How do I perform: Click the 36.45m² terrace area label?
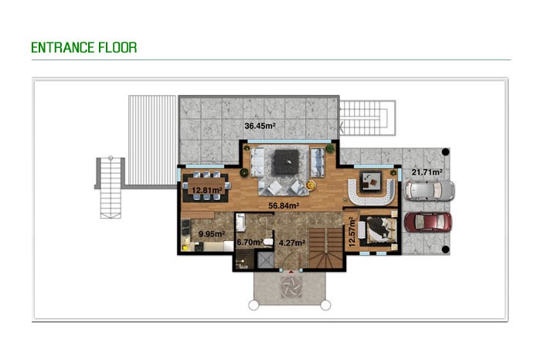(260, 126)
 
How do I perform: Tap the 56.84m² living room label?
(284, 205)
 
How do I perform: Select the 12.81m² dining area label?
(206, 190)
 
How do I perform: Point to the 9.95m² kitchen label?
(212, 234)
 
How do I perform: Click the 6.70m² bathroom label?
(250, 243)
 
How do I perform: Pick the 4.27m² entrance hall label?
(291, 243)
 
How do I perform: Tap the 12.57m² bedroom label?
(352, 232)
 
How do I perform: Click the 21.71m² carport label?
(427, 172)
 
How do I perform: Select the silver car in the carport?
(429, 190)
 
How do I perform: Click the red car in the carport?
(428, 222)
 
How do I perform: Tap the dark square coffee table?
(286, 162)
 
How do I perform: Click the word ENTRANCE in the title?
(63, 48)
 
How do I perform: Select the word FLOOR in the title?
(117, 48)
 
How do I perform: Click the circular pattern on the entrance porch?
(291, 286)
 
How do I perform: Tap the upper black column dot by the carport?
(445, 151)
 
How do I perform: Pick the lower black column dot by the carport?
(445, 249)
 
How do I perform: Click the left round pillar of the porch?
(253, 305)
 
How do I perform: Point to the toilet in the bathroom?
(268, 241)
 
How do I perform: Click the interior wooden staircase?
(325, 247)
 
